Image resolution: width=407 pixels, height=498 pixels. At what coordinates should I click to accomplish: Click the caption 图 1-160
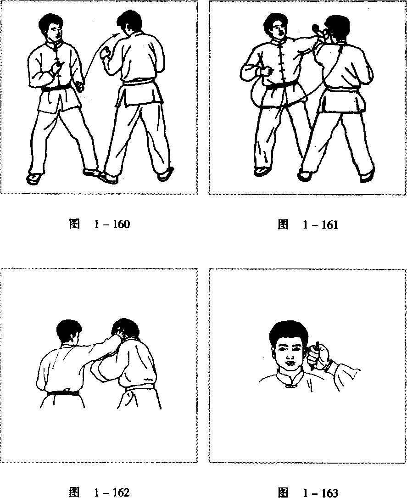tap(100, 224)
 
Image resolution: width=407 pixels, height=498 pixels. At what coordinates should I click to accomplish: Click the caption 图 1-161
tap(307, 224)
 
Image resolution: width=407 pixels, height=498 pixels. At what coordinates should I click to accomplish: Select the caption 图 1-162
tap(100, 492)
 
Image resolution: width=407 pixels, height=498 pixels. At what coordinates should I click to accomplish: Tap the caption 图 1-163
tap(307, 492)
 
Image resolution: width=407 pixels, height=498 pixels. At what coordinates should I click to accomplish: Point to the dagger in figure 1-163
tap(315, 356)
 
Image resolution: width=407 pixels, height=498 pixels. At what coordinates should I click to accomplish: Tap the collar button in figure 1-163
tap(289, 386)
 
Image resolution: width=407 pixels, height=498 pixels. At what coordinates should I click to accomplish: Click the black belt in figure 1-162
tap(63, 392)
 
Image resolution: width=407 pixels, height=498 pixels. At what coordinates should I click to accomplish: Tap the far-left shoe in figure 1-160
tap(34, 178)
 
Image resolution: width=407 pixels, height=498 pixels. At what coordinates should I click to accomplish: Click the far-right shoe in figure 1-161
tap(367, 176)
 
